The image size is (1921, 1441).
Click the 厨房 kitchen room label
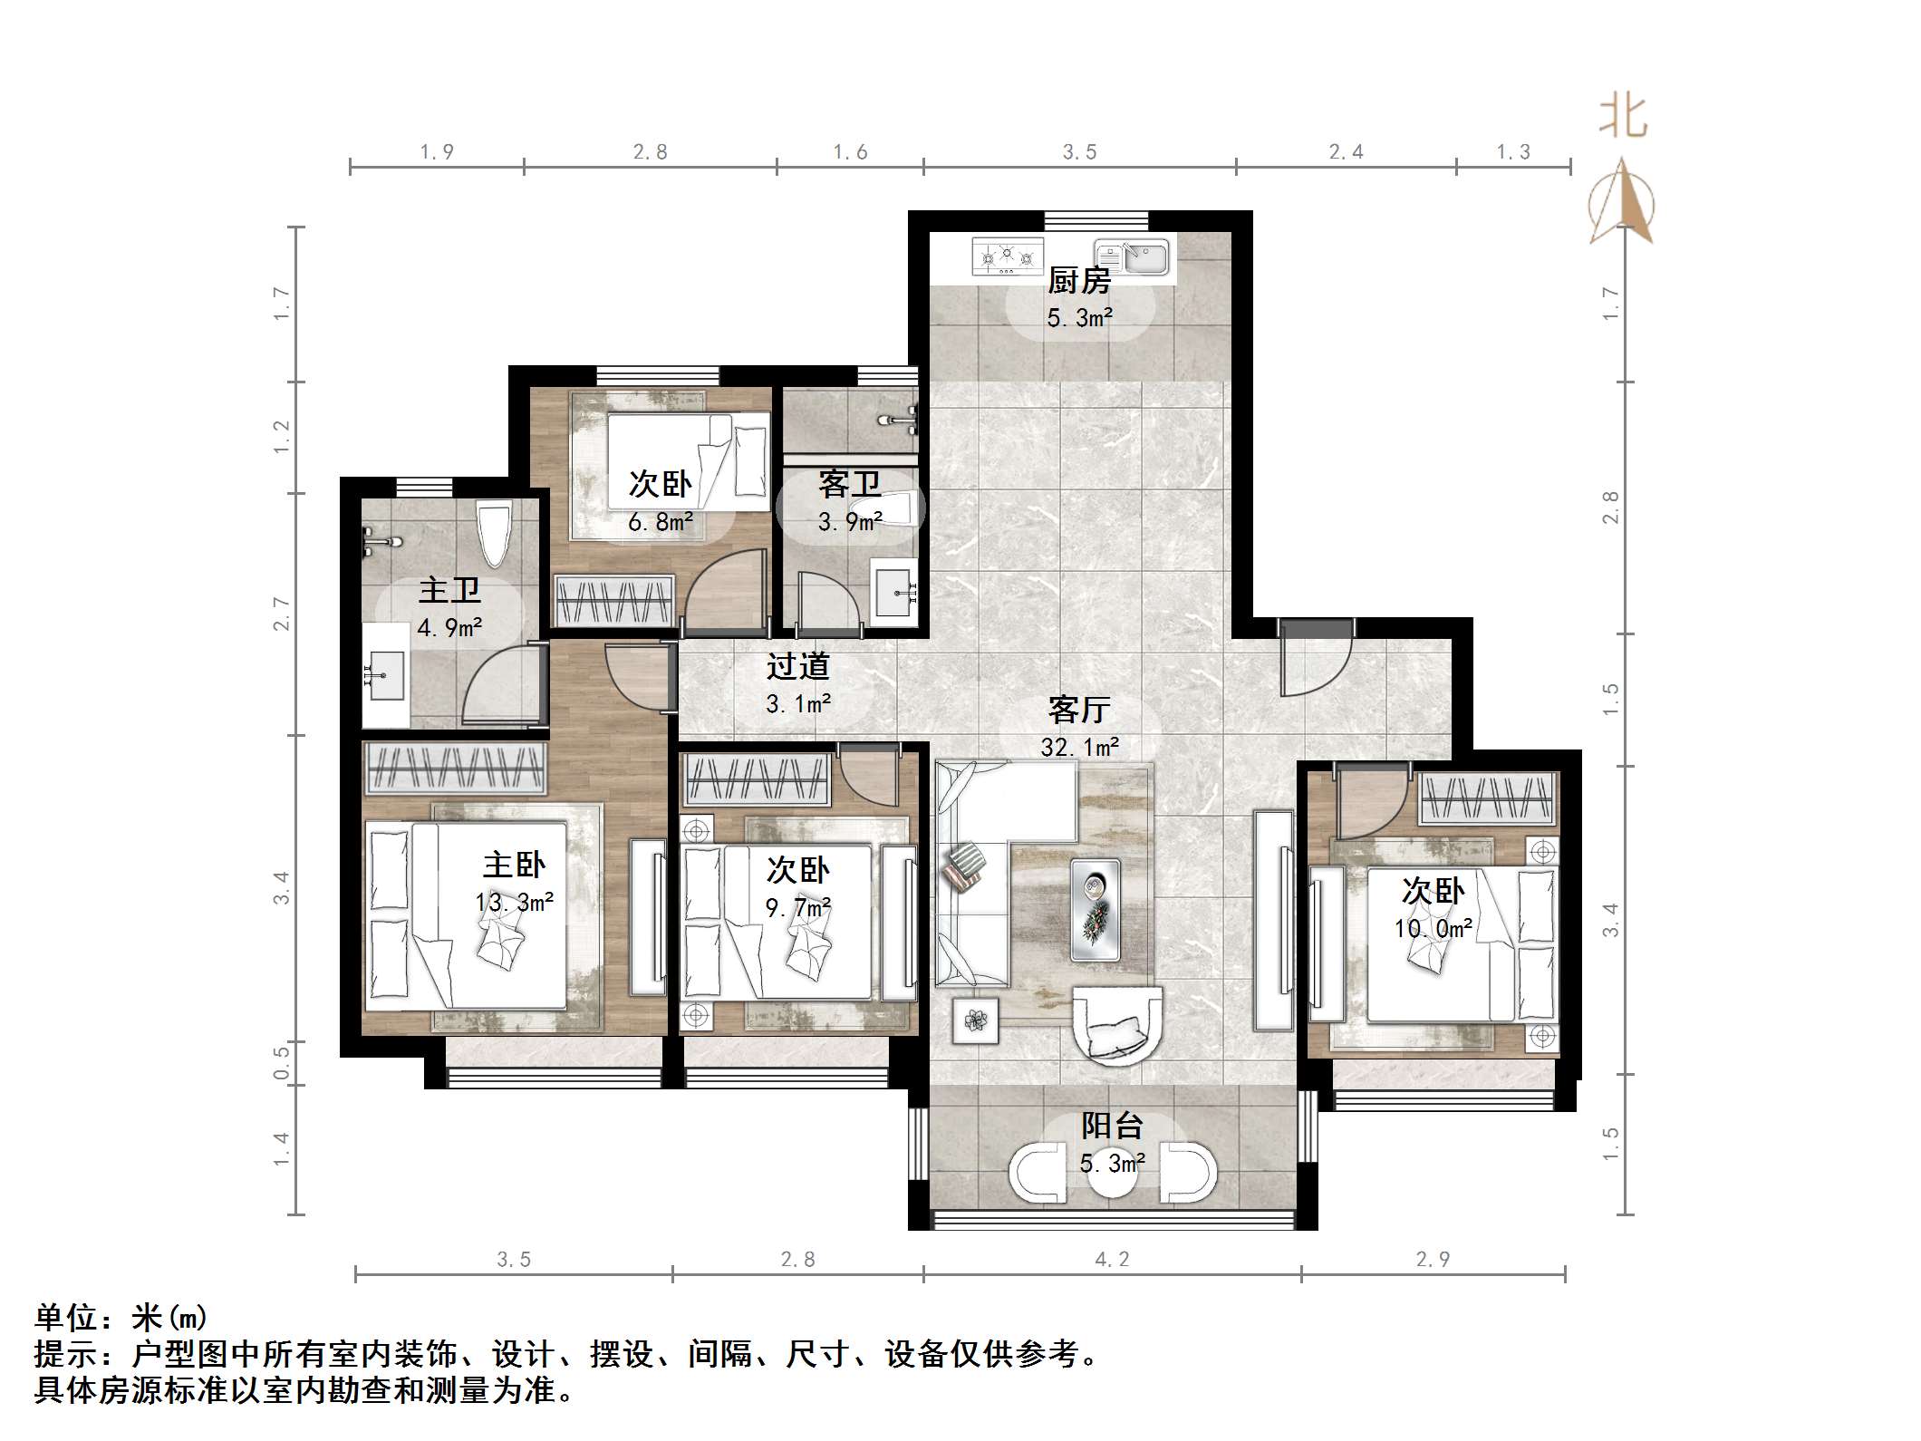coord(1078,282)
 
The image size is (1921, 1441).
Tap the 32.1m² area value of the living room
coord(1079,747)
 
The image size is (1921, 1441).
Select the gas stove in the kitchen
coord(1006,256)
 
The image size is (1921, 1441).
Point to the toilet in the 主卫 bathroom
coord(495,535)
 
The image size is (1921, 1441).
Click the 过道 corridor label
coord(797,666)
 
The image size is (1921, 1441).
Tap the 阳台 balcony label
coord(1112,1126)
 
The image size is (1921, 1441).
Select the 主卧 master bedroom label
coord(514,865)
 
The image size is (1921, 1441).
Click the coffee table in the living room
coord(1096,909)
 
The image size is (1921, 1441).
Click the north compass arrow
coord(1622,201)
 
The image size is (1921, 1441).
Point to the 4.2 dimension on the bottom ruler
coord(1112,1260)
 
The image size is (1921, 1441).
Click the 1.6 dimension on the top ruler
coord(850,152)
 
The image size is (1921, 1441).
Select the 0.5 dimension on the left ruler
coord(282,1062)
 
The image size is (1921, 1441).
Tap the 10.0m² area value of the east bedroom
coord(1433,929)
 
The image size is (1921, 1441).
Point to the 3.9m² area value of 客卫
coord(850,522)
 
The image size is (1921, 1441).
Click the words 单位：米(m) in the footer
coord(121,1317)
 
